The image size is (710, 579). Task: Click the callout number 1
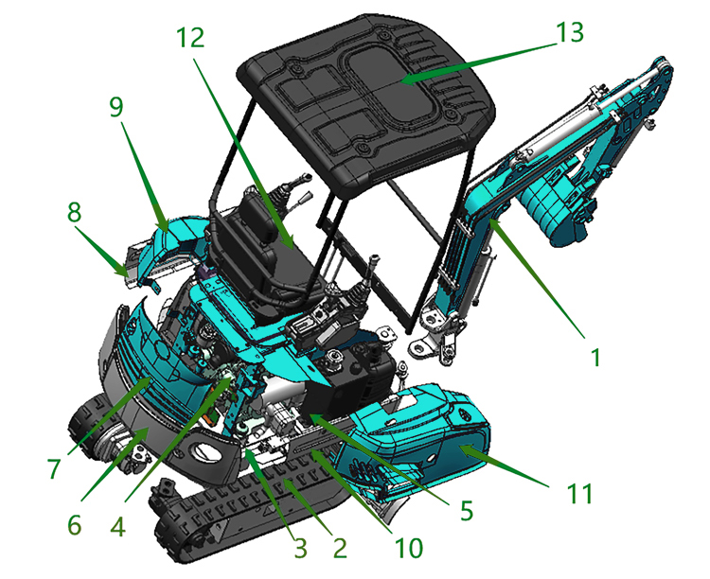[x=595, y=359]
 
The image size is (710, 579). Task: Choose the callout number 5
[x=466, y=510]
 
